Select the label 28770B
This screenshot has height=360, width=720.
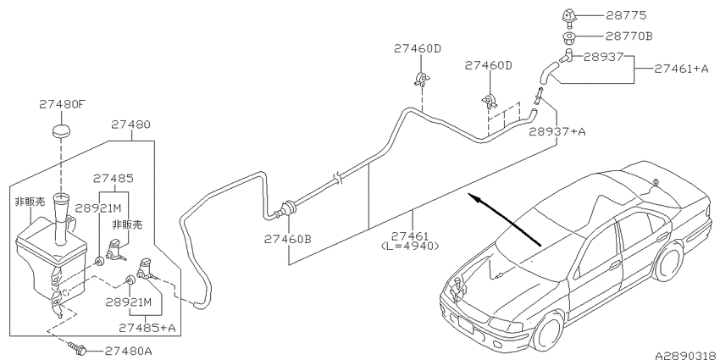tap(629, 36)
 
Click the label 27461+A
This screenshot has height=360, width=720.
tap(681, 69)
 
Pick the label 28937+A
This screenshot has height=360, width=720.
tap(557, 132)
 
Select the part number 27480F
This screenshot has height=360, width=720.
tap(62, 104)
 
